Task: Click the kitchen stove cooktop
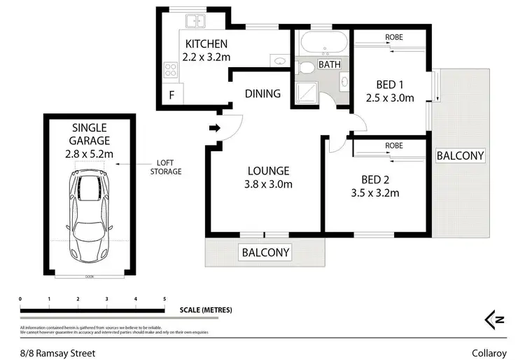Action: (x=170, y=69)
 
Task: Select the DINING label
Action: (x=262, y=93)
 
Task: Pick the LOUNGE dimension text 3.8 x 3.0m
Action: (x=268, y=185)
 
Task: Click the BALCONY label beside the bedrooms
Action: (x=460, y=155)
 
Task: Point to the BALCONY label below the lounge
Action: (x=265, y=252)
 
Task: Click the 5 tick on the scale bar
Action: (x=164, y=299)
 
